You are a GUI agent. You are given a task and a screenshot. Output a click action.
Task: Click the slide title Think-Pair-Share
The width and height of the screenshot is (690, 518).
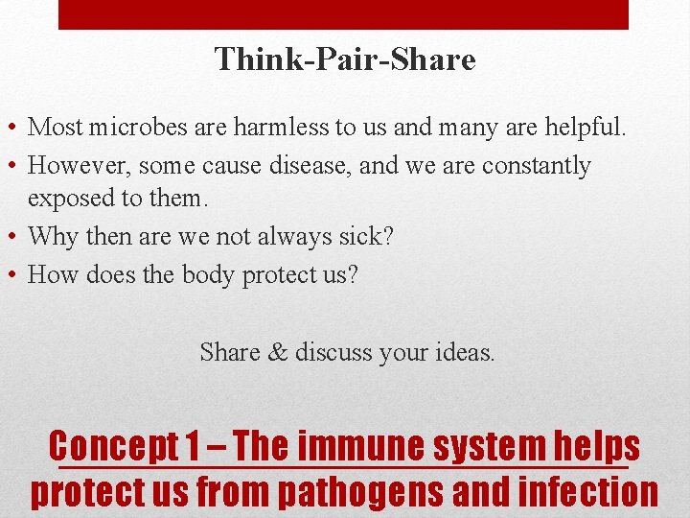point(345,60)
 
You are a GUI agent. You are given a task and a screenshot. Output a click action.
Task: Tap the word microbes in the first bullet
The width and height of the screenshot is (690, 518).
point(130,127)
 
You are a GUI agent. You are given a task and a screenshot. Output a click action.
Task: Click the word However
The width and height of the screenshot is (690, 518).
point(79,166)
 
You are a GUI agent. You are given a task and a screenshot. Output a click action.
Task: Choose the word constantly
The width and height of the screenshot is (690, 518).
point(537,166)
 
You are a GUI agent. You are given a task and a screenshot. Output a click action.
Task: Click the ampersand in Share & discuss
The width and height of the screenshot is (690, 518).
point(278,352)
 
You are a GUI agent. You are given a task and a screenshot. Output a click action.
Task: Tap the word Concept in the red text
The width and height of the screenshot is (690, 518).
point(114,446)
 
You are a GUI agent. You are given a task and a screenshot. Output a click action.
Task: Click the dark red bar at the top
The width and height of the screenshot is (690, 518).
point(343,14)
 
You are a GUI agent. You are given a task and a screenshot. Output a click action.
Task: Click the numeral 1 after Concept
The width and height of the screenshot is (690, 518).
point(194,446)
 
